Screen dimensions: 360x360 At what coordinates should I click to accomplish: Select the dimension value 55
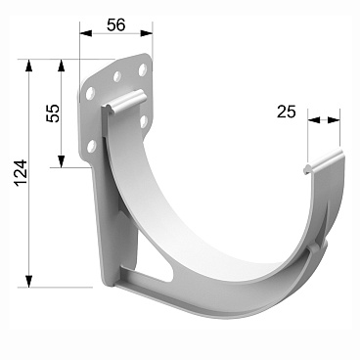click(52, 114)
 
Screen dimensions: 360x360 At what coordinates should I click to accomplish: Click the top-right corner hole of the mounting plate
click(144, 70)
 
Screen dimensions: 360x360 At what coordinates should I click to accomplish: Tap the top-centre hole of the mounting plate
click(117, 75)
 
